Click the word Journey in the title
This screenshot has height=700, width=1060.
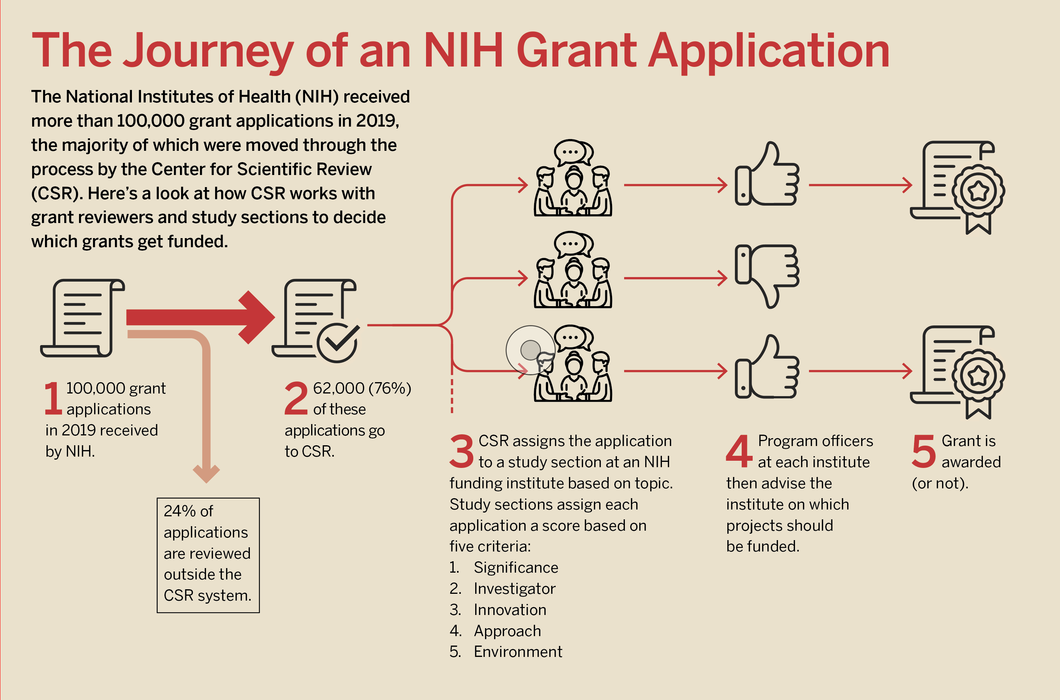(x=208, y=51)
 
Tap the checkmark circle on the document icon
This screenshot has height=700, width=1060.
(x=338, y=343)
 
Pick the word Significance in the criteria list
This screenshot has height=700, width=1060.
(x=516, y=567)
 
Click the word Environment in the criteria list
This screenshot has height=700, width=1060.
(x=518, y=652)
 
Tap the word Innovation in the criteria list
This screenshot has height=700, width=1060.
(x=510, y=610)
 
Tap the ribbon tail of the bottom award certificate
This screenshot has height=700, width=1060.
(x=978, y=409)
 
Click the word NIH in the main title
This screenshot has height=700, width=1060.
(x=463, y=51)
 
